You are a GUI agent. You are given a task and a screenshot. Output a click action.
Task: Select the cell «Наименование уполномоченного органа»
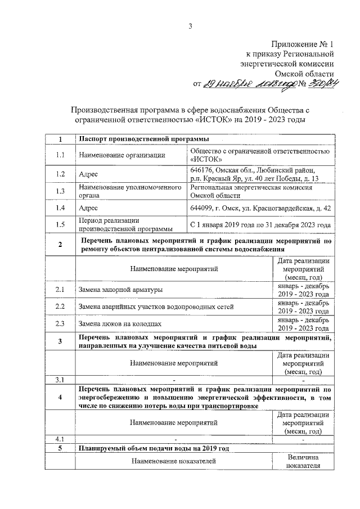[x=130, y=191]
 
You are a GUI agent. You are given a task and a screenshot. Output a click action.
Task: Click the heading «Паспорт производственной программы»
[x=144, y=139]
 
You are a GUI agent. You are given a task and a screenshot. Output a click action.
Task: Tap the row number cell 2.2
[x=60, y=307]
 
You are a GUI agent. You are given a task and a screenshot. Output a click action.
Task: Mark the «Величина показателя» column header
[x=303, y=461]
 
